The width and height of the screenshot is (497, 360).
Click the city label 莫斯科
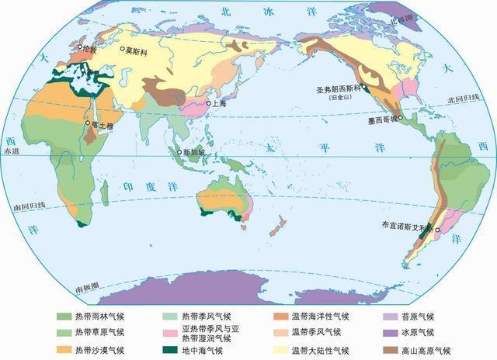137,50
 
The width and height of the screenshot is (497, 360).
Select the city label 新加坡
194,151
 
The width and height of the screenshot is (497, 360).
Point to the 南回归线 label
29,206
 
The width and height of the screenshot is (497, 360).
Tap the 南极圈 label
87,288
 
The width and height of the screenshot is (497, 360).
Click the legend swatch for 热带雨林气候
62,317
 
